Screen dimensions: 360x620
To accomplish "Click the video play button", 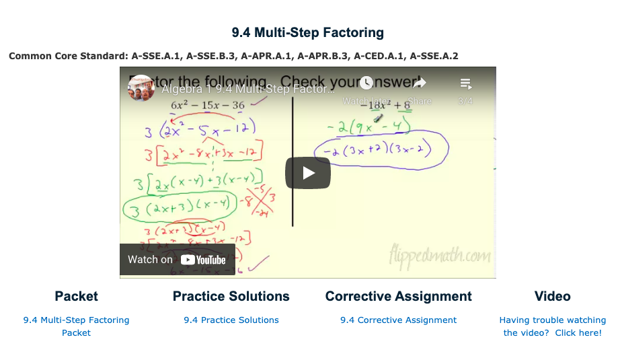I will [x=308, y=173].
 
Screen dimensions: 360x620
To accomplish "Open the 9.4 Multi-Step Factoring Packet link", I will [x=76, y=326].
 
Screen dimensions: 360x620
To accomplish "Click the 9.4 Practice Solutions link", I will [x=231, y=320].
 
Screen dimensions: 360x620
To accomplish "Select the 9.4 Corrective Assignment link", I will [x=398, y=320].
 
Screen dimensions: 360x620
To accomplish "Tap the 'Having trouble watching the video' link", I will [x=552, y=326].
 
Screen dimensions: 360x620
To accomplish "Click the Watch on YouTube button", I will [x=177, y=260].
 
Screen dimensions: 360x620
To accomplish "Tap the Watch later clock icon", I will [x=366, y=83].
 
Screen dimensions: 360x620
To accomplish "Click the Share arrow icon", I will [x=420, y=83].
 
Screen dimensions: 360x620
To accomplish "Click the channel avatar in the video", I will [x=141, y=88].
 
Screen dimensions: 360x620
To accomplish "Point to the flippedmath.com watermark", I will [x=439, y=256].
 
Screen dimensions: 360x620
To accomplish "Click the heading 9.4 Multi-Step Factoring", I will [x=308, y=32].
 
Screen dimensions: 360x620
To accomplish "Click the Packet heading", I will [x=76, y=296].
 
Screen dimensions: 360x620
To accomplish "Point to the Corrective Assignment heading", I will [x=398, y=296].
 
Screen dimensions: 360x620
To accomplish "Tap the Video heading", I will [x=552, y=296].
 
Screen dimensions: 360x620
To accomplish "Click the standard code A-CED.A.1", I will [x=379, y=56].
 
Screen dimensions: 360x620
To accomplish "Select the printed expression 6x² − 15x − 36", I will [x=207, y=105].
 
